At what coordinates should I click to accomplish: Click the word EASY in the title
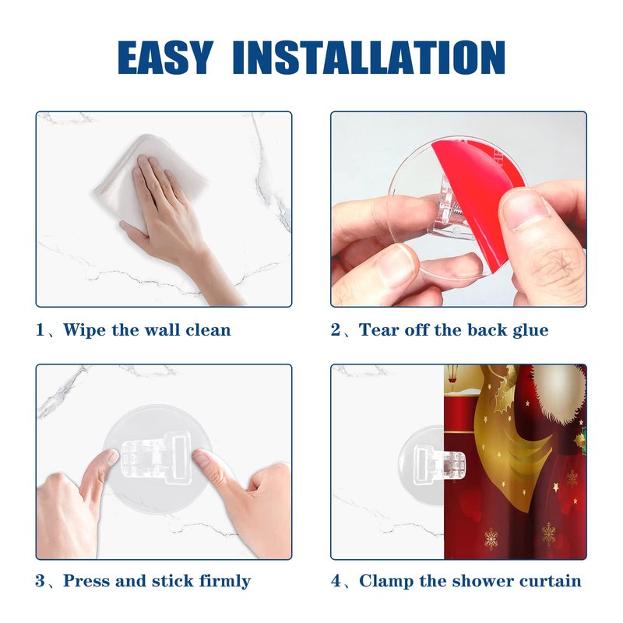point(165,57)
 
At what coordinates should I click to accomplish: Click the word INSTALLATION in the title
point(369,57)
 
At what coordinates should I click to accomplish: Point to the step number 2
point(336,330)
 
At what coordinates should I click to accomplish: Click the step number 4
point(336,581)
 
